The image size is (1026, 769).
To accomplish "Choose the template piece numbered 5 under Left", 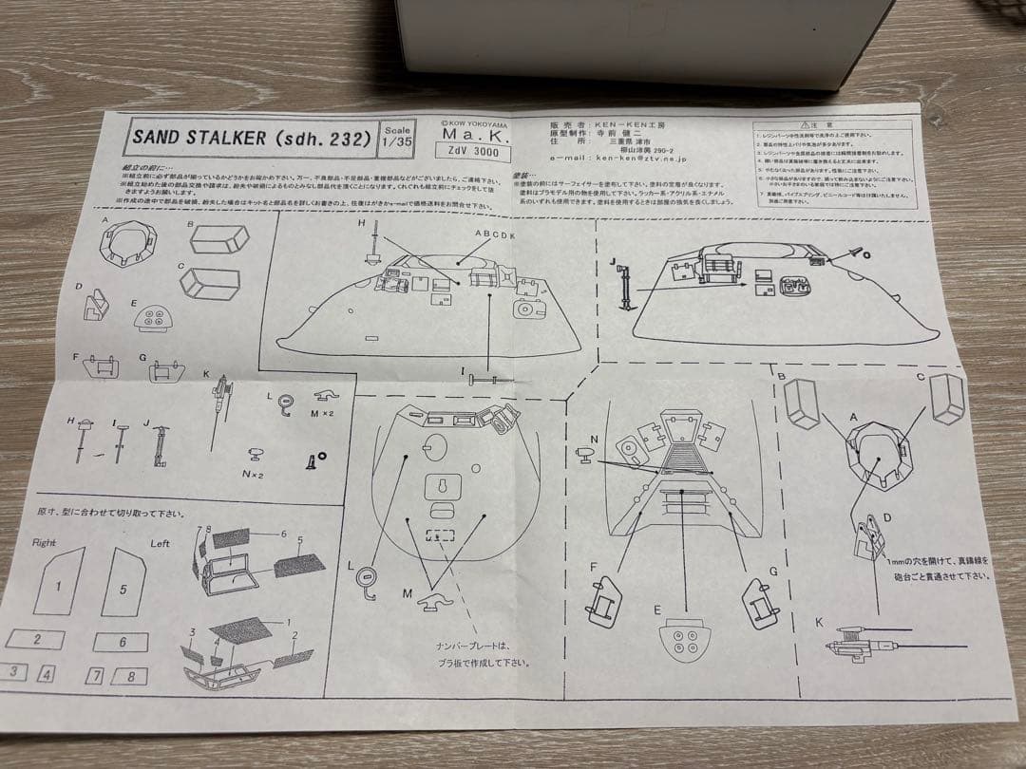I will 123,584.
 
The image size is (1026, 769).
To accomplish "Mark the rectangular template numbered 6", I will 121,642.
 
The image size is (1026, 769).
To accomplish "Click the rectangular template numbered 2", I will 37,639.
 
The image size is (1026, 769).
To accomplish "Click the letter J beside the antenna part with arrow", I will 614,261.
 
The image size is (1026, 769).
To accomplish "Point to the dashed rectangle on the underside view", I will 438,535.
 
